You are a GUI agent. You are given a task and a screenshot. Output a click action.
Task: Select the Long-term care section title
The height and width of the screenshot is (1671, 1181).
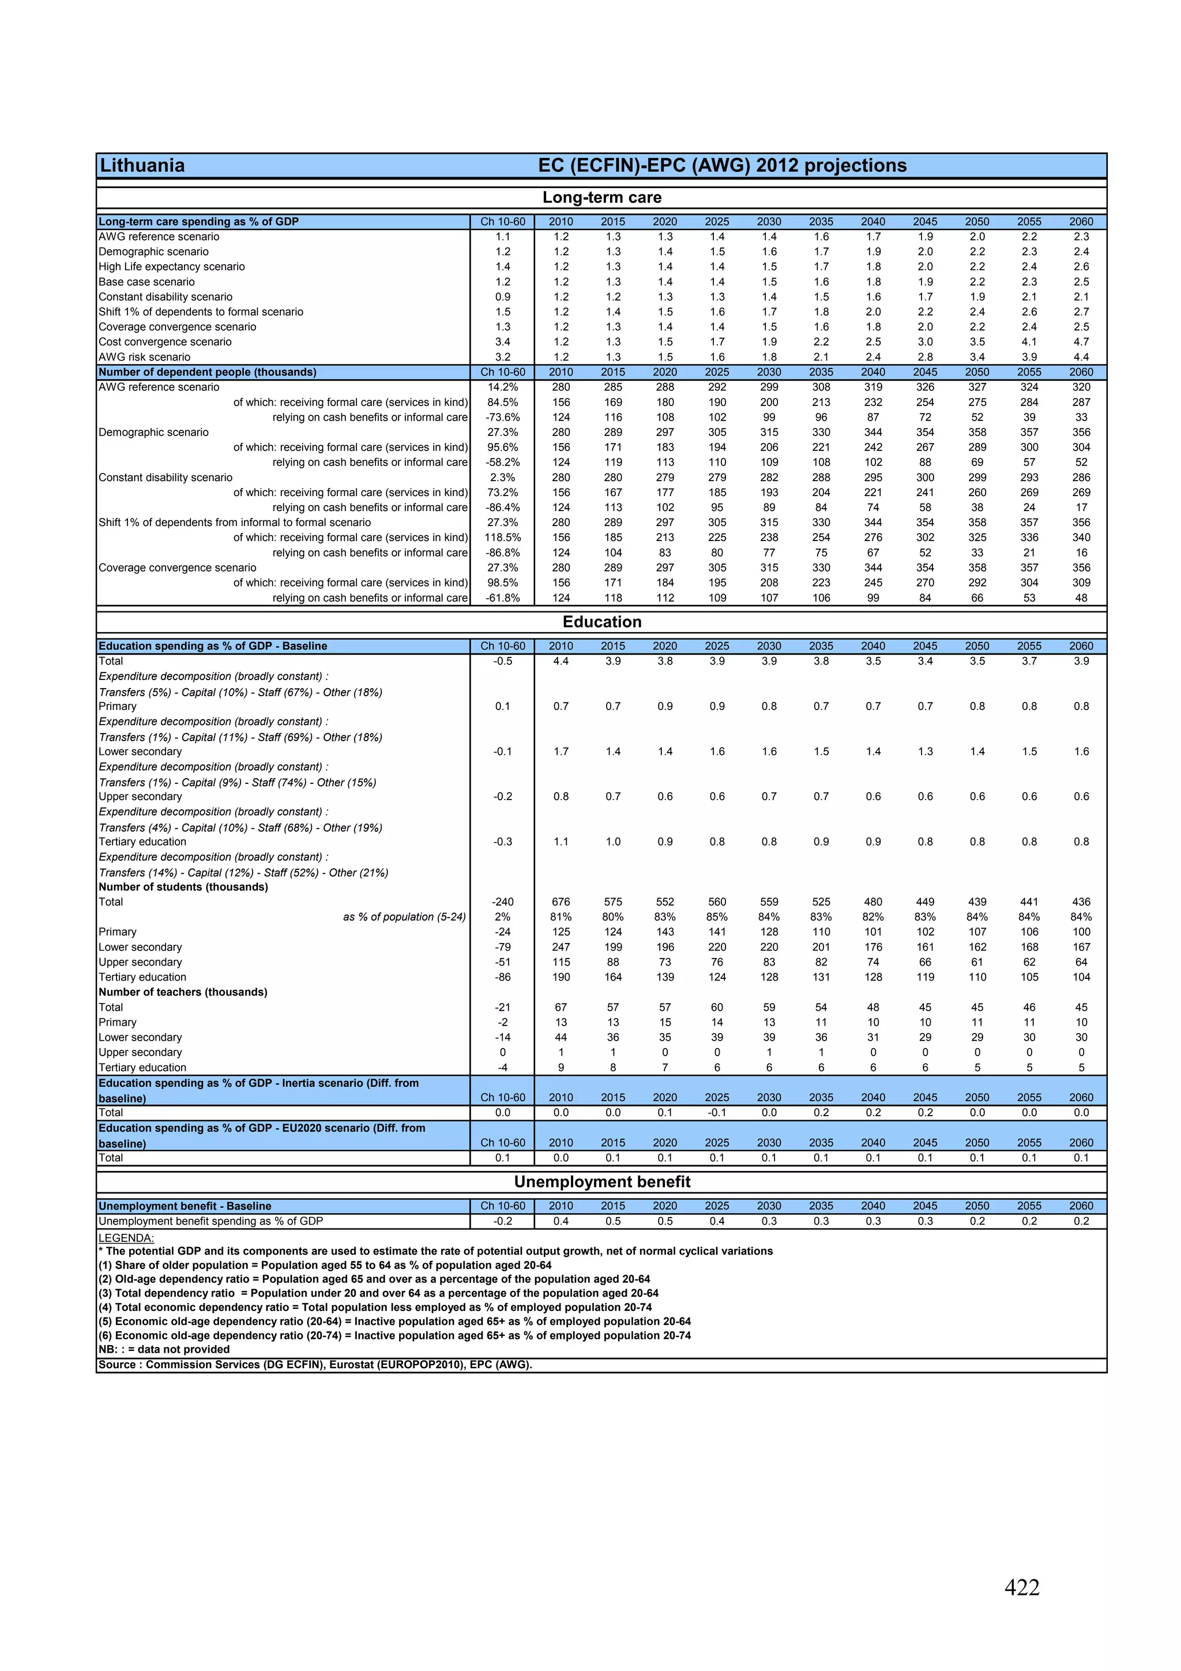[602, 197]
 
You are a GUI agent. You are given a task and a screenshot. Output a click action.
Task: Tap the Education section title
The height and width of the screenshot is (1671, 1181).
[602, 622]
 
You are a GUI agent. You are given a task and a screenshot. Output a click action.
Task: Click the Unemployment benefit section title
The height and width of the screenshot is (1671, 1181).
[602, 1181]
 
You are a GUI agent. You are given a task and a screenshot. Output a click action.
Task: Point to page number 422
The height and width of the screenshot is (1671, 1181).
[1022, 1587]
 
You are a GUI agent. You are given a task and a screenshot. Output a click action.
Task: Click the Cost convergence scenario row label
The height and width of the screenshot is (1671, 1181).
[165, 342]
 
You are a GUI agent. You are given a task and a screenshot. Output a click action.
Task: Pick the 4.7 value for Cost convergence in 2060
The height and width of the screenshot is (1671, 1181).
[1081, 342]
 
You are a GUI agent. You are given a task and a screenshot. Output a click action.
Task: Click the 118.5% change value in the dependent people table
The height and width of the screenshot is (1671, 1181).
[503, 538]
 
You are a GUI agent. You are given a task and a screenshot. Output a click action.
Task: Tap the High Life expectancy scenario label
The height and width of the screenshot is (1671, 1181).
[172, 267]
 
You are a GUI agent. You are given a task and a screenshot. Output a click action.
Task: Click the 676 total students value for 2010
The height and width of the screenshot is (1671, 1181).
[561, 902]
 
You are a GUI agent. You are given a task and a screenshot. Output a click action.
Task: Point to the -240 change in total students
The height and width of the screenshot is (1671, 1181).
[503, 902]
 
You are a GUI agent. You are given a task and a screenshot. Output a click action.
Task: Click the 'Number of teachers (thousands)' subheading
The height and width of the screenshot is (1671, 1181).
[183, 992]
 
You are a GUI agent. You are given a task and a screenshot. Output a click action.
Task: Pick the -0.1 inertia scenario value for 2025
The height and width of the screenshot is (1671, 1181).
[717, 1113]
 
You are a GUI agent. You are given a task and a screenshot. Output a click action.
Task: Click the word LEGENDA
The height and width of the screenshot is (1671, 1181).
[126, 1238]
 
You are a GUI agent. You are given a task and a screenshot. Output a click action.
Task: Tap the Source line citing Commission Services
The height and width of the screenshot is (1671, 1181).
[315, 1365]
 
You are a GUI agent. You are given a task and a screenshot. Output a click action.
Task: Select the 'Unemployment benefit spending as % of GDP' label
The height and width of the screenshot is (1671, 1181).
[211, 1221]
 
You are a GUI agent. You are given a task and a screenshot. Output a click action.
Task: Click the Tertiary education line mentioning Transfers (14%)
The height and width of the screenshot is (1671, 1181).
[244, 873]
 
